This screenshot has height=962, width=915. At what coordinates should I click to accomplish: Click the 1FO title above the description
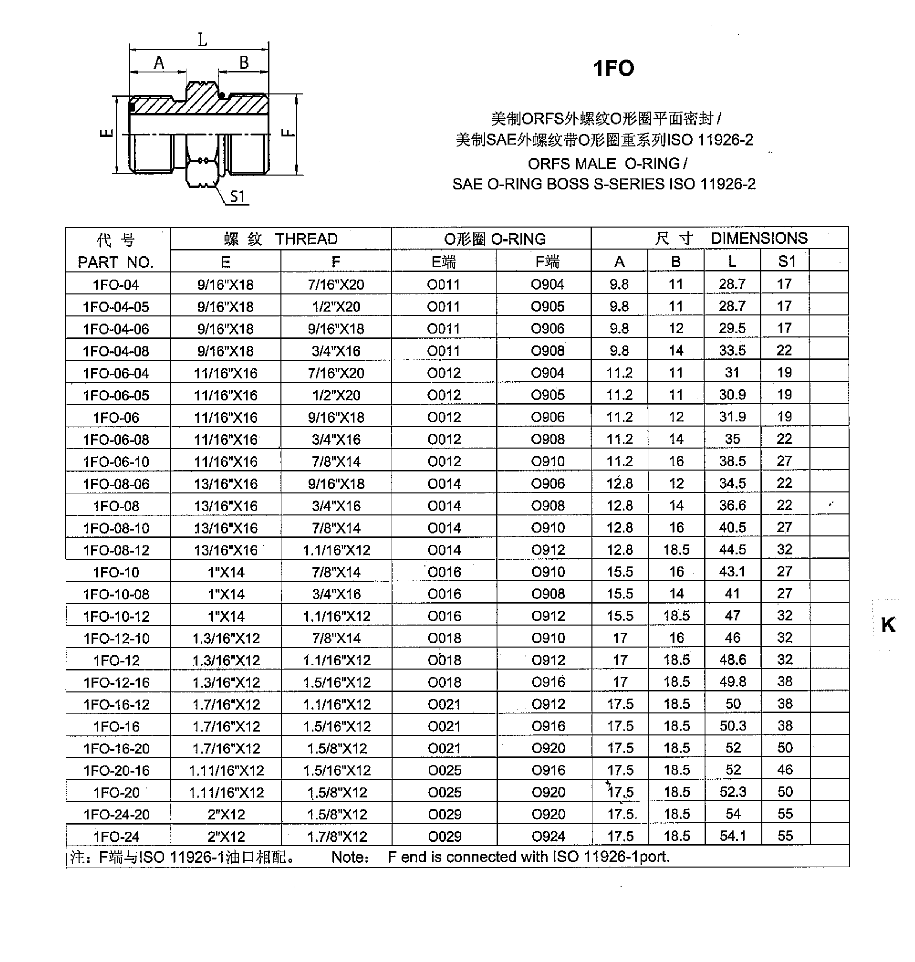tap(613, 68)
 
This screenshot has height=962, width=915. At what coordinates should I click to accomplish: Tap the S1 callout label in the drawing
tap(237, 197)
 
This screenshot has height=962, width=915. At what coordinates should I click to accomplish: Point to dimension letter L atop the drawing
tap(202, 39)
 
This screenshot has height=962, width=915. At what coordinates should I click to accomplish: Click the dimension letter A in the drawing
tap(159, 63)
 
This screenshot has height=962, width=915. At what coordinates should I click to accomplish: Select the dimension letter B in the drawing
tap(244, 63)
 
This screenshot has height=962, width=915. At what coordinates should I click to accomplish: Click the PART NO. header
tap(116, 263)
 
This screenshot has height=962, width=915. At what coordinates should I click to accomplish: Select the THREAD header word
tap(306, 239)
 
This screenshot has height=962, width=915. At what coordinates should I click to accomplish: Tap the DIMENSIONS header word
tap(759, 238)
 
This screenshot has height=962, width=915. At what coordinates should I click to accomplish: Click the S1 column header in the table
tap(786, 262)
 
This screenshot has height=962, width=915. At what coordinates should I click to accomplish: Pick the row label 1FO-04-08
tap(116, 351)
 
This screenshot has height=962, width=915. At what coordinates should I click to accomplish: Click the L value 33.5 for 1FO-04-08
tap(732, 350)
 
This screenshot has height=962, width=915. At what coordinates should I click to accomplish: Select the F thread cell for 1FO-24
tap(337, 837)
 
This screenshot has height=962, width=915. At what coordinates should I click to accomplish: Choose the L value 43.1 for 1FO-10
tap(732, 571)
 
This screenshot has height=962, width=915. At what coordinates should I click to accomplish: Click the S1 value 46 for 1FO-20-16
tap(785, 770)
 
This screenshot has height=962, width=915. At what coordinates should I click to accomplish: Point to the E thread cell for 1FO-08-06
tap(226, 484)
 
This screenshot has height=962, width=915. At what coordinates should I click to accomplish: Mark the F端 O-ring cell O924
tap(548, 837)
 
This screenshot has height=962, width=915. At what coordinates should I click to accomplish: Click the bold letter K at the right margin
tap(888, 625)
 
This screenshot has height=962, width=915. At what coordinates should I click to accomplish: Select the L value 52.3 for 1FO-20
tap(732, 792)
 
